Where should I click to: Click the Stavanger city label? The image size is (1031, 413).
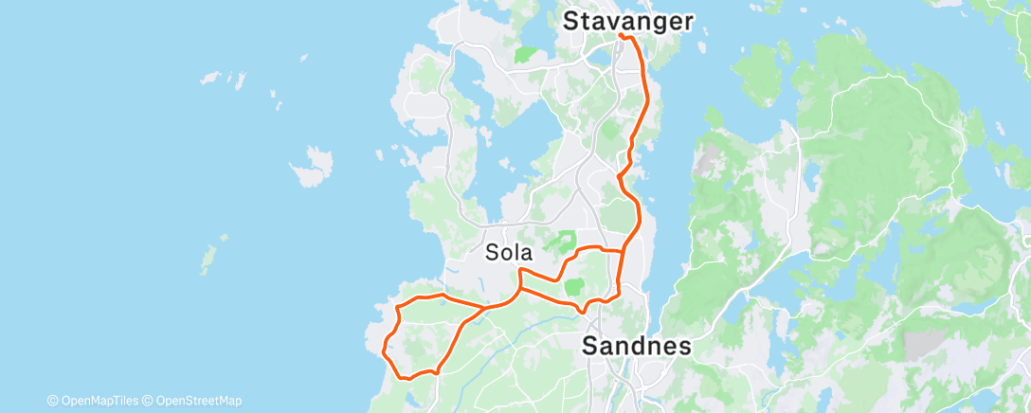628,20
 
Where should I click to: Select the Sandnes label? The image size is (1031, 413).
636,346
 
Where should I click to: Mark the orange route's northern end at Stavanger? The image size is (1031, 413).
621,35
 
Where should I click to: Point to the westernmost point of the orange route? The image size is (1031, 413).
382,351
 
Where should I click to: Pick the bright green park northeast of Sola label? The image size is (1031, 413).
566,241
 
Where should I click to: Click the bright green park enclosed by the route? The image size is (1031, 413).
574,286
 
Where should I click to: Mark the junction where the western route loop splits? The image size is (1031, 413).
485,308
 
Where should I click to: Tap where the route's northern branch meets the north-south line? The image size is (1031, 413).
623,251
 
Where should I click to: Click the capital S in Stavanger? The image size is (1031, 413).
571,20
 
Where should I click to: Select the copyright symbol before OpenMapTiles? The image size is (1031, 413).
53,401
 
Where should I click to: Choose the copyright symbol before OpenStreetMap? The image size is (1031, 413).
148,401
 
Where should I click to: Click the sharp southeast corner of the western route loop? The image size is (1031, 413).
437,372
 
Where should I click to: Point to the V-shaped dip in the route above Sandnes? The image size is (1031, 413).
584,310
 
